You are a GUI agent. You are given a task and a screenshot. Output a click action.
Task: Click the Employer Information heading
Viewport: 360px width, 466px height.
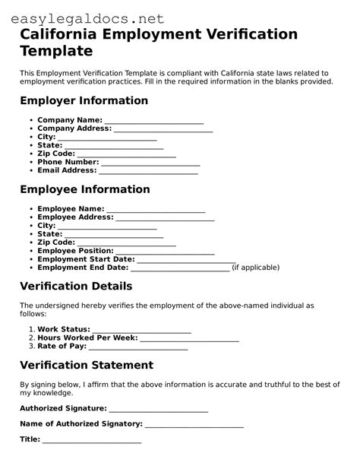84,100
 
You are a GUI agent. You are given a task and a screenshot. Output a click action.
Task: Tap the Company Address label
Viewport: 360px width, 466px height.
74,128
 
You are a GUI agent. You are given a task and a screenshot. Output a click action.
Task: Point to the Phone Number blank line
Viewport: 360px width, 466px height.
150,163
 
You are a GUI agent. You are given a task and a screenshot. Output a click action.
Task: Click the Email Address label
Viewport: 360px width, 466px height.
67,171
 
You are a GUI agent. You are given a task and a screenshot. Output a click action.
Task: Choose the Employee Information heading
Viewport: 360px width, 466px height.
84,189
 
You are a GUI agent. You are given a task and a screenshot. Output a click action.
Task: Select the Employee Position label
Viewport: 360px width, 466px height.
75,250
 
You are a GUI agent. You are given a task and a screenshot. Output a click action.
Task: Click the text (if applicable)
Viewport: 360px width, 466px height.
255,268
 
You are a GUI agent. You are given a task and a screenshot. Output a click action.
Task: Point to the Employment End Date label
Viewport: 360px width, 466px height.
83,268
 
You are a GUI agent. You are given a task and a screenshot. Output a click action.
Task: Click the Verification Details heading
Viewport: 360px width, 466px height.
76,287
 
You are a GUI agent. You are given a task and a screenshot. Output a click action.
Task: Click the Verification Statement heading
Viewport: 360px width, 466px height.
87,365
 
